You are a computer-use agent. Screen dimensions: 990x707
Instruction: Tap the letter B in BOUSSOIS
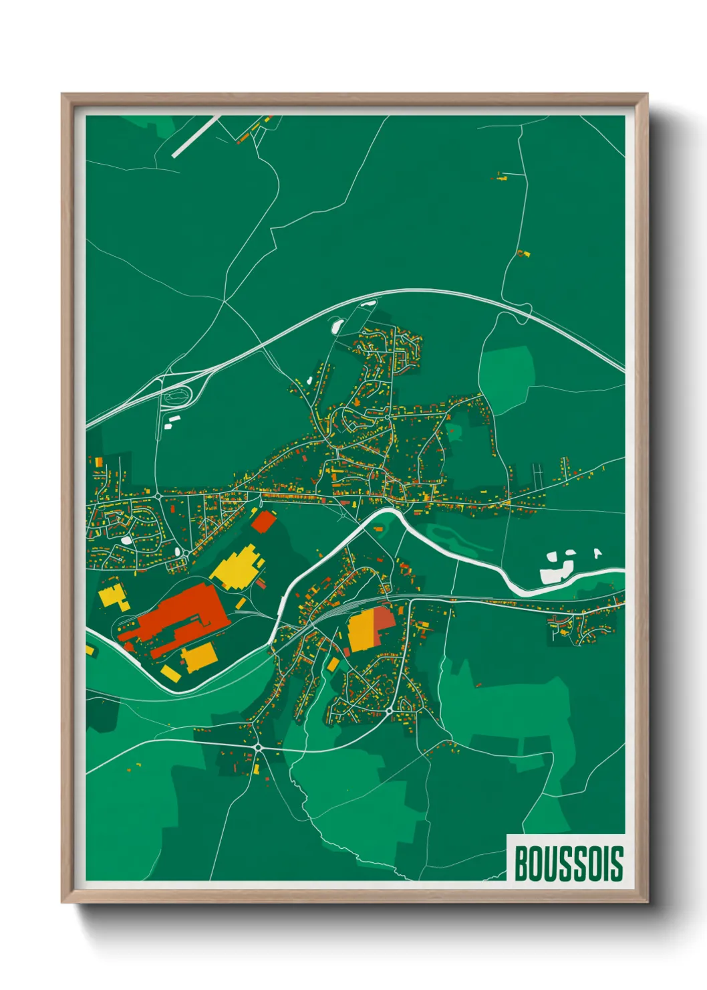521,864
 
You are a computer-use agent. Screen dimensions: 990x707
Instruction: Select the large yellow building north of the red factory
238,567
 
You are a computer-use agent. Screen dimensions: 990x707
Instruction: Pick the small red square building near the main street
263,521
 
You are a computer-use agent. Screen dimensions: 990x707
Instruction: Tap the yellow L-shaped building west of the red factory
114,595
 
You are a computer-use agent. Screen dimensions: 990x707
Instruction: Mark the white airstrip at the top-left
196,136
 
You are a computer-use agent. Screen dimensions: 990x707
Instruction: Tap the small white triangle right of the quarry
597,553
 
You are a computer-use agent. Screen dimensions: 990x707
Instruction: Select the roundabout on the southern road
258,747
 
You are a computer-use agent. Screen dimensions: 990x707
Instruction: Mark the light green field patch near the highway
507,375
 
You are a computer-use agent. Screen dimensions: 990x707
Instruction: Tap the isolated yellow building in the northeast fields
523,254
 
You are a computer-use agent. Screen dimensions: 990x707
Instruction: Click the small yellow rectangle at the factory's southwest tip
170,674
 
